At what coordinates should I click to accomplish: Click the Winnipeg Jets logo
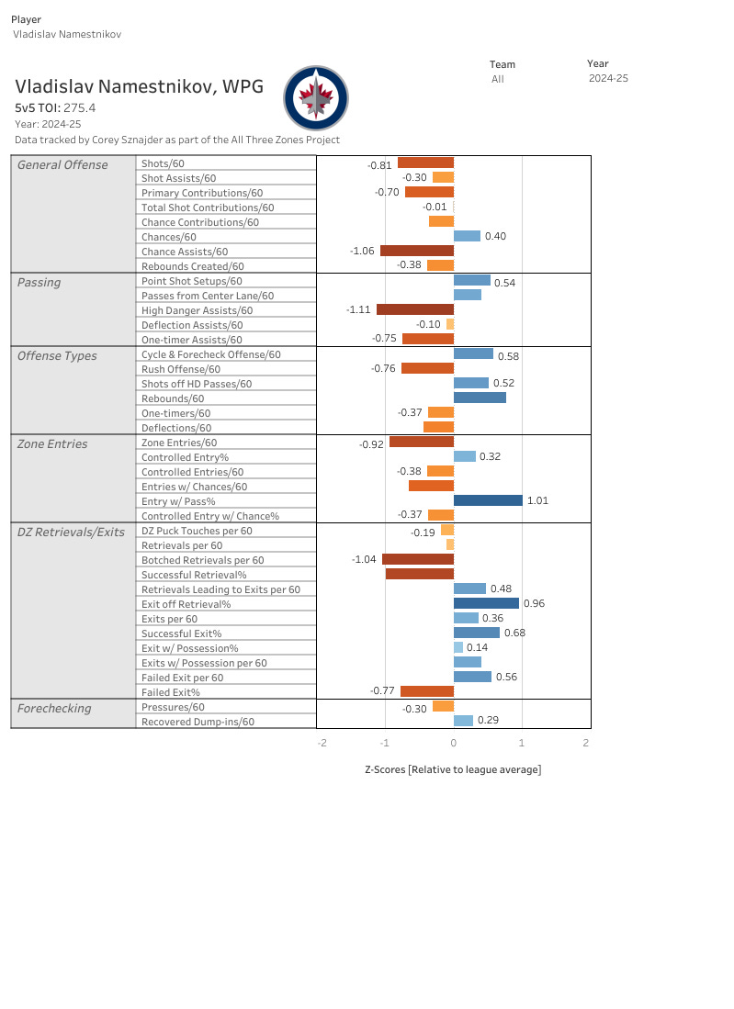tap(316, 97)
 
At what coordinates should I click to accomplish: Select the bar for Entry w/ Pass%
tap(488, 500)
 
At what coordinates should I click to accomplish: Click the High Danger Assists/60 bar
tap(415, 309)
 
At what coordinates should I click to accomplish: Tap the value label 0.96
tap(534, 603)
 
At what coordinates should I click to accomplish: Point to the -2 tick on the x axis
tap(322, 743)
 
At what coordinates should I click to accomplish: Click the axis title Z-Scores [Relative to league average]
tap(453, 769)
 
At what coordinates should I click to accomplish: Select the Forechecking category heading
tap(54, 708)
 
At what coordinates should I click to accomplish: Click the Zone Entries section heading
tap(52, 443)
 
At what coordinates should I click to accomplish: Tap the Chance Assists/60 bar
tap(417, 251)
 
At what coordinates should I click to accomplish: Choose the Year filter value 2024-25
tap(608, 78)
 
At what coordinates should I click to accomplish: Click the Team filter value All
tap(497, 79)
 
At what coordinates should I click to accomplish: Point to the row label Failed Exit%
tap(171, 691)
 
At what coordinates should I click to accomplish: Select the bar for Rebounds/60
tap(480, 398)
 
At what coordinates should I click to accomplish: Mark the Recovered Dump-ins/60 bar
tap(463, 721)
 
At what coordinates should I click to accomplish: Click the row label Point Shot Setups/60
tap(192, 280)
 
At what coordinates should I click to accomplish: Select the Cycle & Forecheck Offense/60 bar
tap(473, 353)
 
